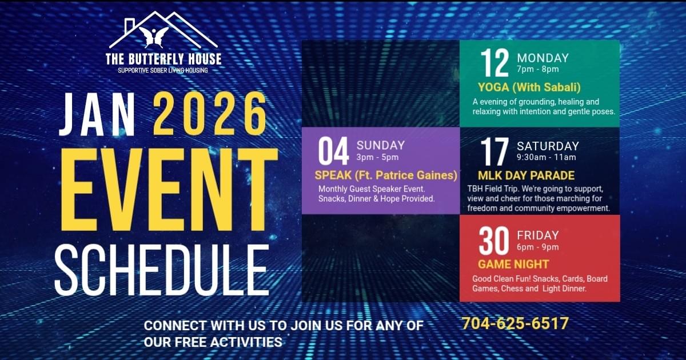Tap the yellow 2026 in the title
210,114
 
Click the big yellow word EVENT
169,190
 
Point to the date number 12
494,63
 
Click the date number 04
333,151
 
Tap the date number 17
494,151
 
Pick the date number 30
494,241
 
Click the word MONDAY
543,58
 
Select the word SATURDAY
548,146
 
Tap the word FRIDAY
538,235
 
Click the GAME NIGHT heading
513,264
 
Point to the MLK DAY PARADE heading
526,175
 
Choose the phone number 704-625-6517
515,323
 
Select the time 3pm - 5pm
377,157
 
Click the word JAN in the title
97,114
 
